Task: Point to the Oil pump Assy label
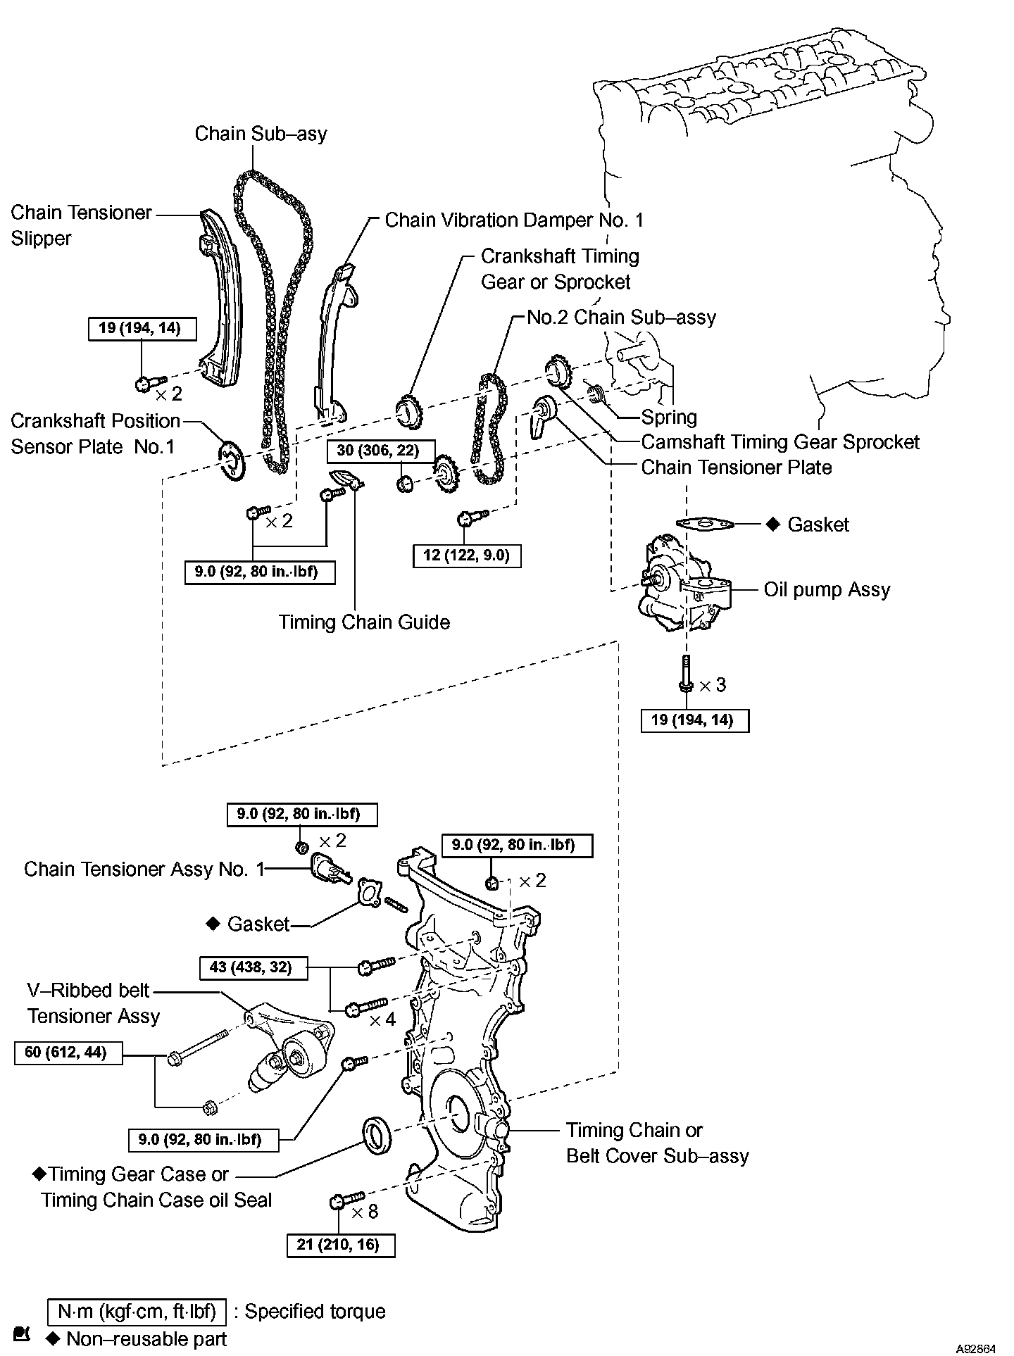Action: (x=827, y=589)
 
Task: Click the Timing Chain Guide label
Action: (x=363, y=622)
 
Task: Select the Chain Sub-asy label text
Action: (x=261, y=133)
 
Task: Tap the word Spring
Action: (x=669, y=417)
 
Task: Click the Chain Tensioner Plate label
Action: (x=736, y=467)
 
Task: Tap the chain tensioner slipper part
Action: (x=220, y=296)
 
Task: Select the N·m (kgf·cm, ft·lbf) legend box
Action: (x=137, y=1312)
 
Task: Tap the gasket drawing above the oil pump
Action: (x=704, y=524)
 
